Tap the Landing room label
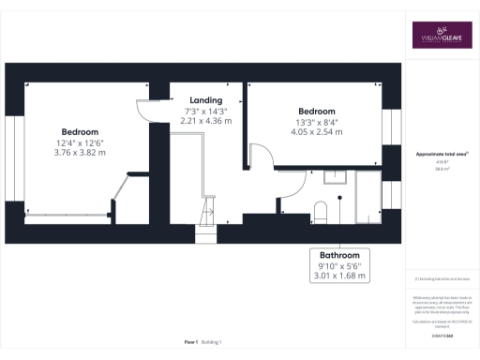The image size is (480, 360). click(205, 100)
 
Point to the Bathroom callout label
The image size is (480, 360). click(341, 255)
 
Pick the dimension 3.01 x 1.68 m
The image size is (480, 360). click(341, 277)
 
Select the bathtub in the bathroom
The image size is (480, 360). click(368, 199)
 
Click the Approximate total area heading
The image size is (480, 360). click(442, 153)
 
